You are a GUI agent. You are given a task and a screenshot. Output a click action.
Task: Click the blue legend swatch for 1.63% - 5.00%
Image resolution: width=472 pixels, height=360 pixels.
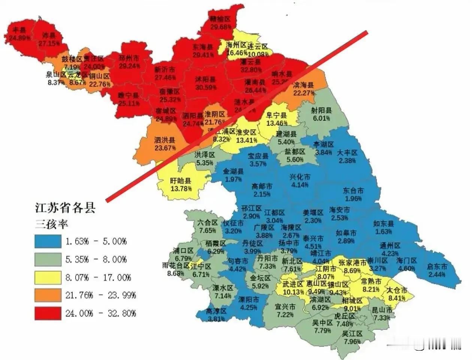pyautogui.click(x=48, y=241)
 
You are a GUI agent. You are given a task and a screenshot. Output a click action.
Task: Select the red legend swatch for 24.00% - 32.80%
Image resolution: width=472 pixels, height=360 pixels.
pyautogui.click(x=48, y=313)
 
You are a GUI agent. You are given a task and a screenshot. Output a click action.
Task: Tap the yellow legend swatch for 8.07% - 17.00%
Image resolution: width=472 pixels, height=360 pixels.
pyautogui.click(x=48, y=277)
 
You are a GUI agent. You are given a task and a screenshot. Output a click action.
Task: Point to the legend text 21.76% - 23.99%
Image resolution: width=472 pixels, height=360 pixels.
pyautogui.click(x=100, y=295)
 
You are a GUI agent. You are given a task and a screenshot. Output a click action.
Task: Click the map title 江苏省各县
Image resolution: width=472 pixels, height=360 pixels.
pyautogui.click(x=65, y=207)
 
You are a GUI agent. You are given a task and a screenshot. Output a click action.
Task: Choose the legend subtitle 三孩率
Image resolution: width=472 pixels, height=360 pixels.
pyautogui.click(x=51, y=224)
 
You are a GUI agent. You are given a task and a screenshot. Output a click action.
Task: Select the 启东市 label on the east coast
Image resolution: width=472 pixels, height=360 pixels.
pyautogui.click(x=437, y=267)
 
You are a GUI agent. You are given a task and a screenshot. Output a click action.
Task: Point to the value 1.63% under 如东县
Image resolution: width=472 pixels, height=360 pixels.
pyautogui.click(x=384, y=231)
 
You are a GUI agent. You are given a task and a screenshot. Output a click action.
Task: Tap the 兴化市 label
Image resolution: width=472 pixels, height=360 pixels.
pyautogui.click(x=300, y=177)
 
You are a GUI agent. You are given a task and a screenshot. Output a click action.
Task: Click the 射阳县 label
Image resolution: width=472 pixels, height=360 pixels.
pyautogui.click(x=321, y=110)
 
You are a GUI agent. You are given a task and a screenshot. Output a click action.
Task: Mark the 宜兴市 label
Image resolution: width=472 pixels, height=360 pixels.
pyautogui.click(x=285, y=307)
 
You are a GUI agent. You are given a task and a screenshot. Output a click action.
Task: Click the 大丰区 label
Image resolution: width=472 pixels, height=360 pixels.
pyautogui.click(x=347, y=153)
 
